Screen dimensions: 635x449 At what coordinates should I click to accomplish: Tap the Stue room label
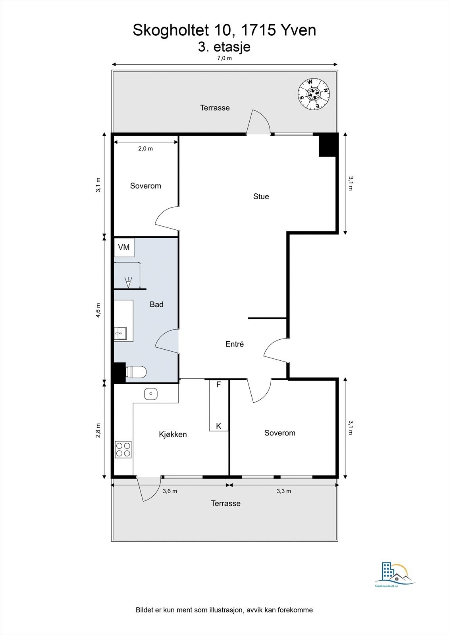pos(261,196)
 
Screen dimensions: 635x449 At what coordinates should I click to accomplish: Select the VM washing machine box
pos(124,247)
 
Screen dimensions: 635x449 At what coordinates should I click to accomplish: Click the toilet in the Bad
pos(136,372)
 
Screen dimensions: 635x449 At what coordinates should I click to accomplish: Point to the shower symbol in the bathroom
pos(128,282)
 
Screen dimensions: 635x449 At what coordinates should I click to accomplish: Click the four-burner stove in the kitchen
pos(123,449)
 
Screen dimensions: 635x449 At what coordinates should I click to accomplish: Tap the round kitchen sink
pos(151,394)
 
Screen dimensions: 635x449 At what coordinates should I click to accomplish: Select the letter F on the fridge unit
pos(218,385)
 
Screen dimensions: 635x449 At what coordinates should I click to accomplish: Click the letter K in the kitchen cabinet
pos(218,426)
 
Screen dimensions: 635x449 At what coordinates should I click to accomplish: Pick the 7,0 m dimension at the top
pos(224,58)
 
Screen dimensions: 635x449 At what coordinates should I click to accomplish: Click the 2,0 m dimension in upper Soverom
pos(145,148)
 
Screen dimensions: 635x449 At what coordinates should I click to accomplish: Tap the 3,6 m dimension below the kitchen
pos(170,491)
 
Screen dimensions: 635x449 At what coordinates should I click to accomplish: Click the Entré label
pos(234,344)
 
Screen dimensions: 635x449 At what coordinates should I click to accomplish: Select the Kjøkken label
pos(173,434)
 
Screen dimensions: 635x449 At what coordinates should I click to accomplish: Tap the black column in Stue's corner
pos(328,145)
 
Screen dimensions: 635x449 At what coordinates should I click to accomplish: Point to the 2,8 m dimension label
pos(98,430)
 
